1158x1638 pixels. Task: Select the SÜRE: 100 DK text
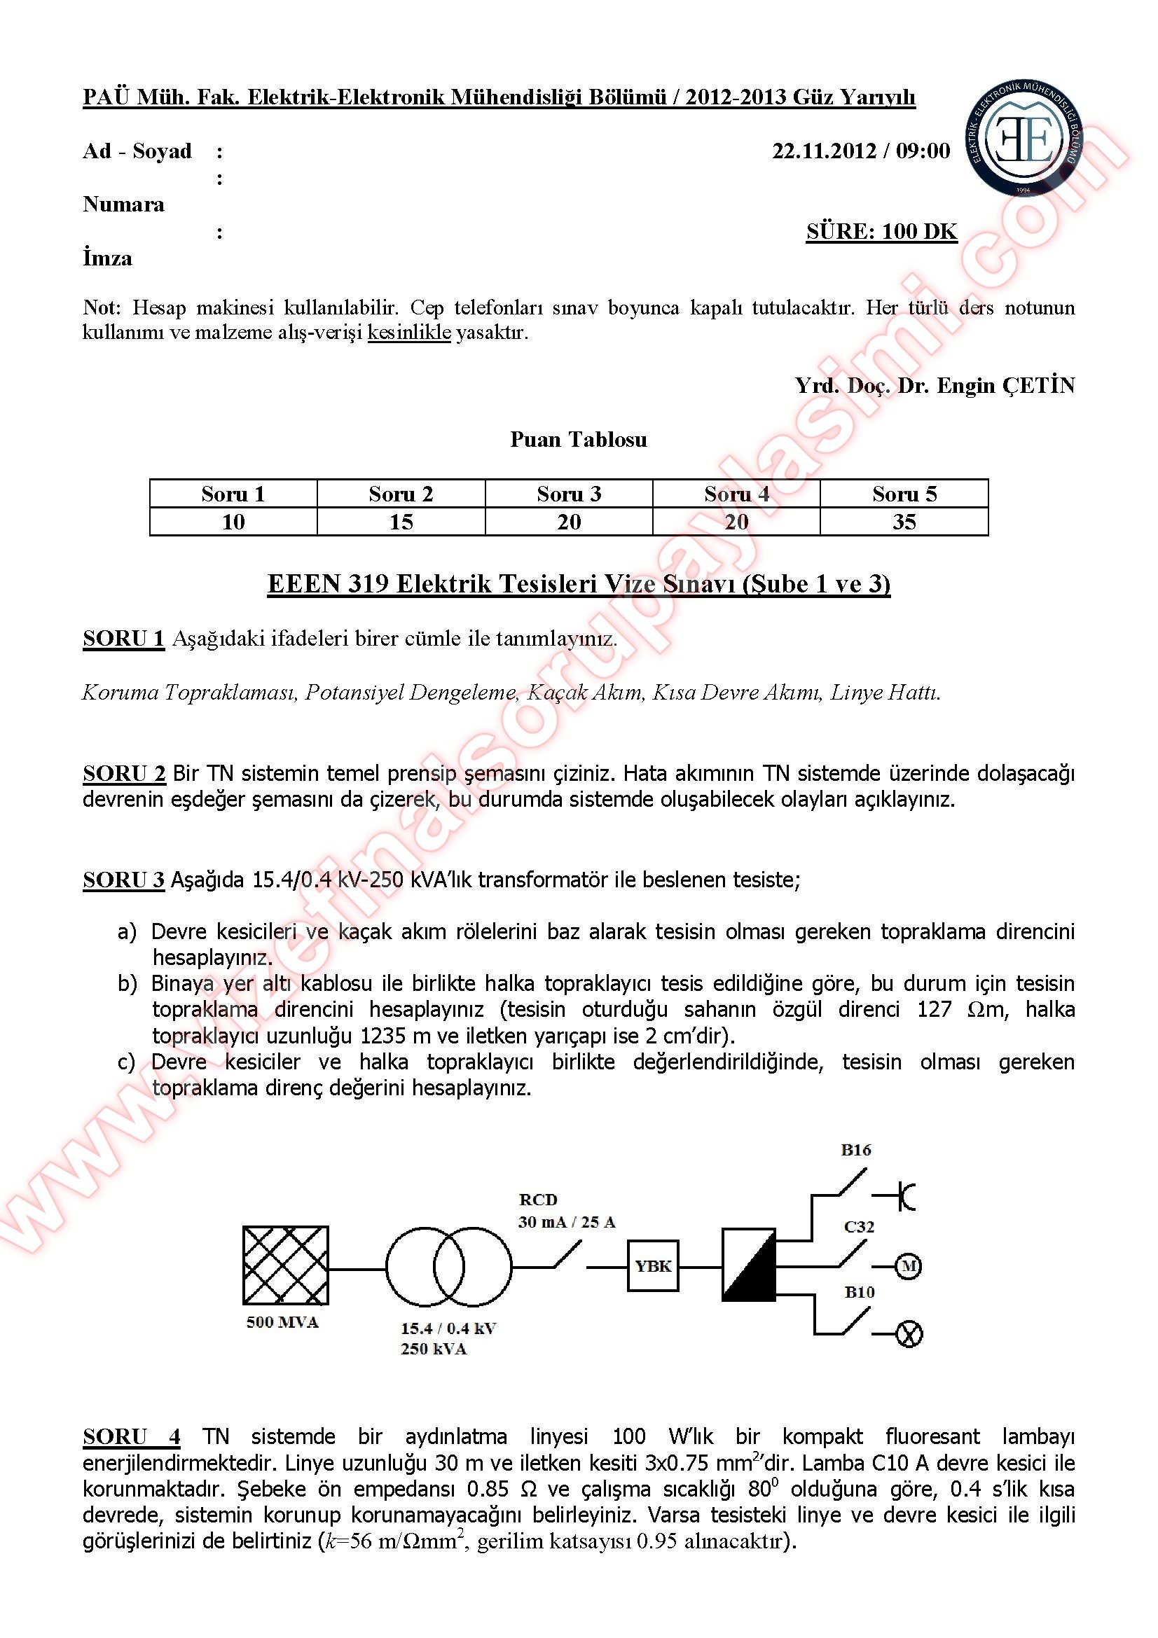click(881, 231)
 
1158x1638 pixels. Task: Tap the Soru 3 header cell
click(569, 494)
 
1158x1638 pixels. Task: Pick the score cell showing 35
click(904, 522)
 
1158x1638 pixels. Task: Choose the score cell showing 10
click(233, 522)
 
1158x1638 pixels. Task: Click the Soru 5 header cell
click(904, 494)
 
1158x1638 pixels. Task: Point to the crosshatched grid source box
click(285, 1265)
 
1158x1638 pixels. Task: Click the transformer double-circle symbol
click(449, 1267)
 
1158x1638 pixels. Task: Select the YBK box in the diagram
click(653, 1266)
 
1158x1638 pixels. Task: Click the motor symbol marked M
click(909, 1266)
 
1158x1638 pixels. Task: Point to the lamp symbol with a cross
click(909, 1333)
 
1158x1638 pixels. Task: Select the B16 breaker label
click(855, 1149)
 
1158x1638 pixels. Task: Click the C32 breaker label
click(858, 1226)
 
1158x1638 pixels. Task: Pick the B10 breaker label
click(859, 1292)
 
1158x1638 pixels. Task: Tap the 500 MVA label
click(282, 1322)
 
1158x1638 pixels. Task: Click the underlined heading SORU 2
click(124, 773)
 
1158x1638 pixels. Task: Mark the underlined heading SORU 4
click(131, 1436)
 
